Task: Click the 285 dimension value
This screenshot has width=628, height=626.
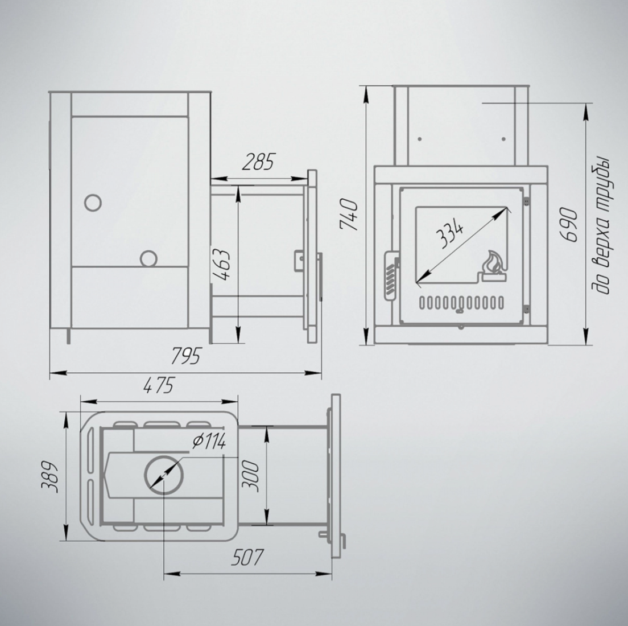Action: pyautogui.click(x=258, y=162)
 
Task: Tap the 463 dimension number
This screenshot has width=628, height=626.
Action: pyautogui.click(x=221, y=265)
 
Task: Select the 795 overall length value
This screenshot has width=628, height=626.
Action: pyautogui.click(x=185, y=356)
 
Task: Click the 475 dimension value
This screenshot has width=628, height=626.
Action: pyautogui.click(x=159, y=385)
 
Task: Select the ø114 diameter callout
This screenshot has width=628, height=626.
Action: pyautogui.click(x=209, y=442)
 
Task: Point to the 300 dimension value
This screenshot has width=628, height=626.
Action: pyautogui.click(x=250, y=476)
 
